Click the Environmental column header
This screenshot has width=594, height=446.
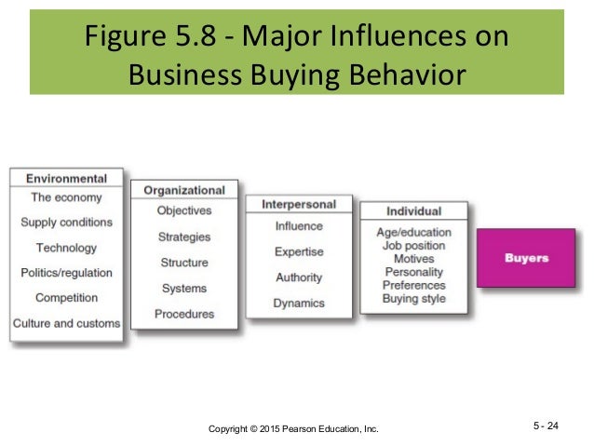[x=66, y=178]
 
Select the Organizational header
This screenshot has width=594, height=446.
[x=183, y=190]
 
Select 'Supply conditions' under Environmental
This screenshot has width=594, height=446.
[x=66, y=223]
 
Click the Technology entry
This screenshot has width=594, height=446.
[x=66, y=248]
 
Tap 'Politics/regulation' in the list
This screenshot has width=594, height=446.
[x=66, y=273]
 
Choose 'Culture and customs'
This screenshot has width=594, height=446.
[x=66, y=323]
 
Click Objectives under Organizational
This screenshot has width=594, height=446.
[x=183, y=210]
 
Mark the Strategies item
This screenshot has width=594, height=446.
[x=183, y=237]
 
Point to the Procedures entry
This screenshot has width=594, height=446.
[x=183, y=314]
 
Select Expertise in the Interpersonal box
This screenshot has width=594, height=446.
[x=299, y=251]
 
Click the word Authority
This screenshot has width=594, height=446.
[x=299, y=277]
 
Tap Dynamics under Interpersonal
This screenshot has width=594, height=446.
[x=299, y=303]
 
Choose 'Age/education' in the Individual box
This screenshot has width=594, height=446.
[x=413, y=232]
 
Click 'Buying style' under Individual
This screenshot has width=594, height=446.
[x=413, y=299]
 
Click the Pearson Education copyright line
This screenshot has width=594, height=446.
[x=293, y=427]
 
